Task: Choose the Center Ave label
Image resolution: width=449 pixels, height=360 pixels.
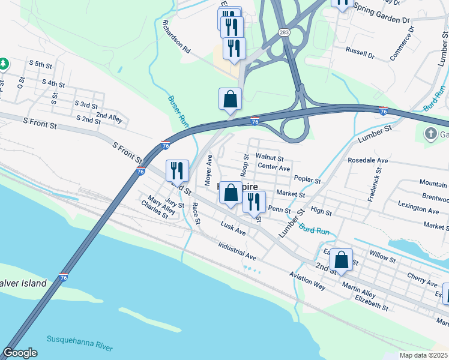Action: coord(274,167)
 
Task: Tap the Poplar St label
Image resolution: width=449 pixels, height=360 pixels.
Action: coord(308,180)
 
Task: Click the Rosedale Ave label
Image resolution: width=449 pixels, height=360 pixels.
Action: coord(368,161)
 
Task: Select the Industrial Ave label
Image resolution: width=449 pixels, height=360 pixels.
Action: coord(237,251)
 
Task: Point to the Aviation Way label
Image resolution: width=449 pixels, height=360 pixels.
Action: coord(307,280)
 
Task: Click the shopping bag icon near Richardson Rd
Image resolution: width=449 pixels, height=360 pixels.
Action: coord(231,100)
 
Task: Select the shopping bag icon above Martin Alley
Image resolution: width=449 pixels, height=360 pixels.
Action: coord(341,260)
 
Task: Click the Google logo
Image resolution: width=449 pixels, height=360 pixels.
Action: coord(20,353)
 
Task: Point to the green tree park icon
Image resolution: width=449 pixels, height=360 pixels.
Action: coord(3,63)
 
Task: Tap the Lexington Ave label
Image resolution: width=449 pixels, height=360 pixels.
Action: coord(418,210)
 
